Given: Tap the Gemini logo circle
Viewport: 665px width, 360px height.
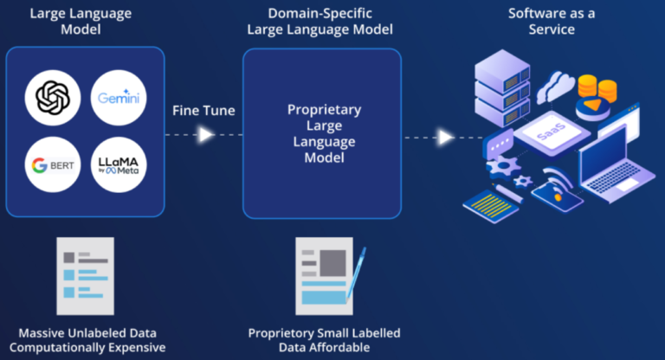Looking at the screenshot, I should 119,96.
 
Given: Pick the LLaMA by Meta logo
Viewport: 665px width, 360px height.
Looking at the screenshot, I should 119,164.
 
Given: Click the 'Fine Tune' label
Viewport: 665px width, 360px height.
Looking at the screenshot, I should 203,111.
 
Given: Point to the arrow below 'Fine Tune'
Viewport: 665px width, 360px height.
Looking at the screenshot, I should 205,135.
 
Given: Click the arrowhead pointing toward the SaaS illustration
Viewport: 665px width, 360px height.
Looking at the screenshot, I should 445,137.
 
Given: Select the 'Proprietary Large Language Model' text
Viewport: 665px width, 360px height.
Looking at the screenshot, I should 324,134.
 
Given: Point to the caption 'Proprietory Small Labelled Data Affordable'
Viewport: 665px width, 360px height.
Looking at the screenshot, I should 324,340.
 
